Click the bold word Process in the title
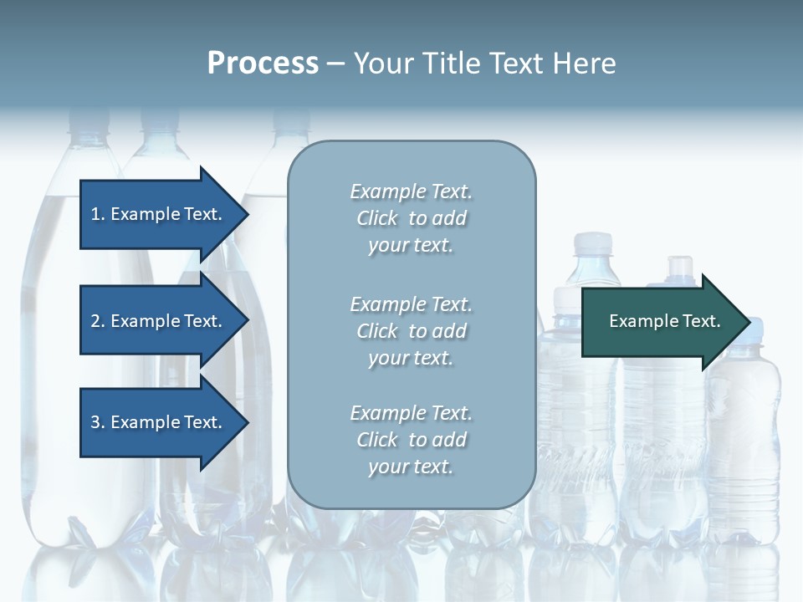point(263,64)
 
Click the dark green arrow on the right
point(661,321)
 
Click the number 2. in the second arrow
point(98,321)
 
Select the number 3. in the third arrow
point(98,422)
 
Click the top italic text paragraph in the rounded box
point(411,218)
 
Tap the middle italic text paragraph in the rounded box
point(411,330)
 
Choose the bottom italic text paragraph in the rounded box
point(411,440)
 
